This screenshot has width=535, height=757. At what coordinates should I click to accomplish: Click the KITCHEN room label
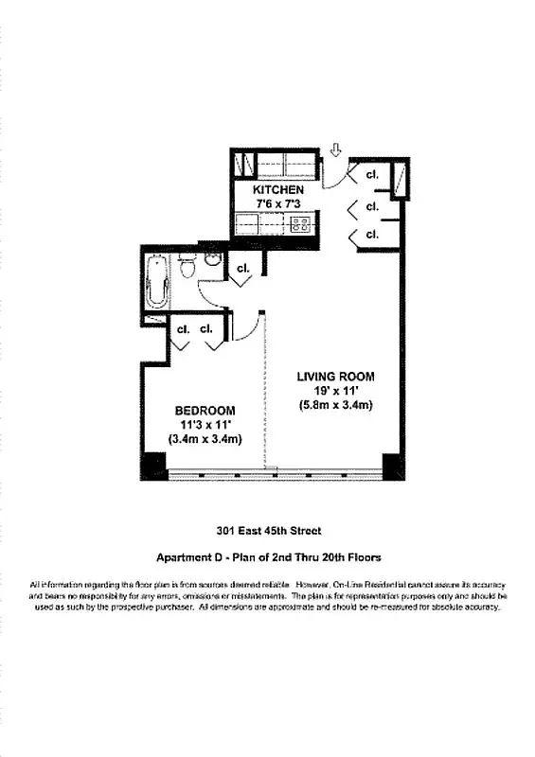point(277,190)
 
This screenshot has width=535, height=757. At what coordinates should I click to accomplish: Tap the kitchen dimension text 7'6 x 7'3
point(277,204)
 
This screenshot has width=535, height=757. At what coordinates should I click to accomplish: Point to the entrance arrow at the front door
point(334,150)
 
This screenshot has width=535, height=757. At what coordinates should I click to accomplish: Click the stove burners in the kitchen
point(301,224)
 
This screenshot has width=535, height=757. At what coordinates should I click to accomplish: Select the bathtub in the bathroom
point(158,281)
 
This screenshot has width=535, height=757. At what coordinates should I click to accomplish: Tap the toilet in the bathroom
point(187,267)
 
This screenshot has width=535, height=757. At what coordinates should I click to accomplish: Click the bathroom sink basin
point(213,257)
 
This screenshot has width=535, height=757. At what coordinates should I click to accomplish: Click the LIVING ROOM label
point(330,377)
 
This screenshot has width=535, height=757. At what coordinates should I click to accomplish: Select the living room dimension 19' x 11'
point(330,391)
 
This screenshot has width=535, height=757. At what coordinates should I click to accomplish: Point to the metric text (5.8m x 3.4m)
point(330,406)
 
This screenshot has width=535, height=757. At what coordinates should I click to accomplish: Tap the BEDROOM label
point(205,410)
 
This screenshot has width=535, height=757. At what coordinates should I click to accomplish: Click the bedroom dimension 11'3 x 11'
point(205,424)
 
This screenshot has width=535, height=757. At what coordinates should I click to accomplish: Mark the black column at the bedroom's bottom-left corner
point(152,467)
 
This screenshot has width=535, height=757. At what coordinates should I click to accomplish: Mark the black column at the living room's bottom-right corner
point(393,467)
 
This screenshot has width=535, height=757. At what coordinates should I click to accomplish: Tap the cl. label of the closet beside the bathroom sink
point(242,268)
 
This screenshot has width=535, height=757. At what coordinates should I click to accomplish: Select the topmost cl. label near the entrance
point(372,175)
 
